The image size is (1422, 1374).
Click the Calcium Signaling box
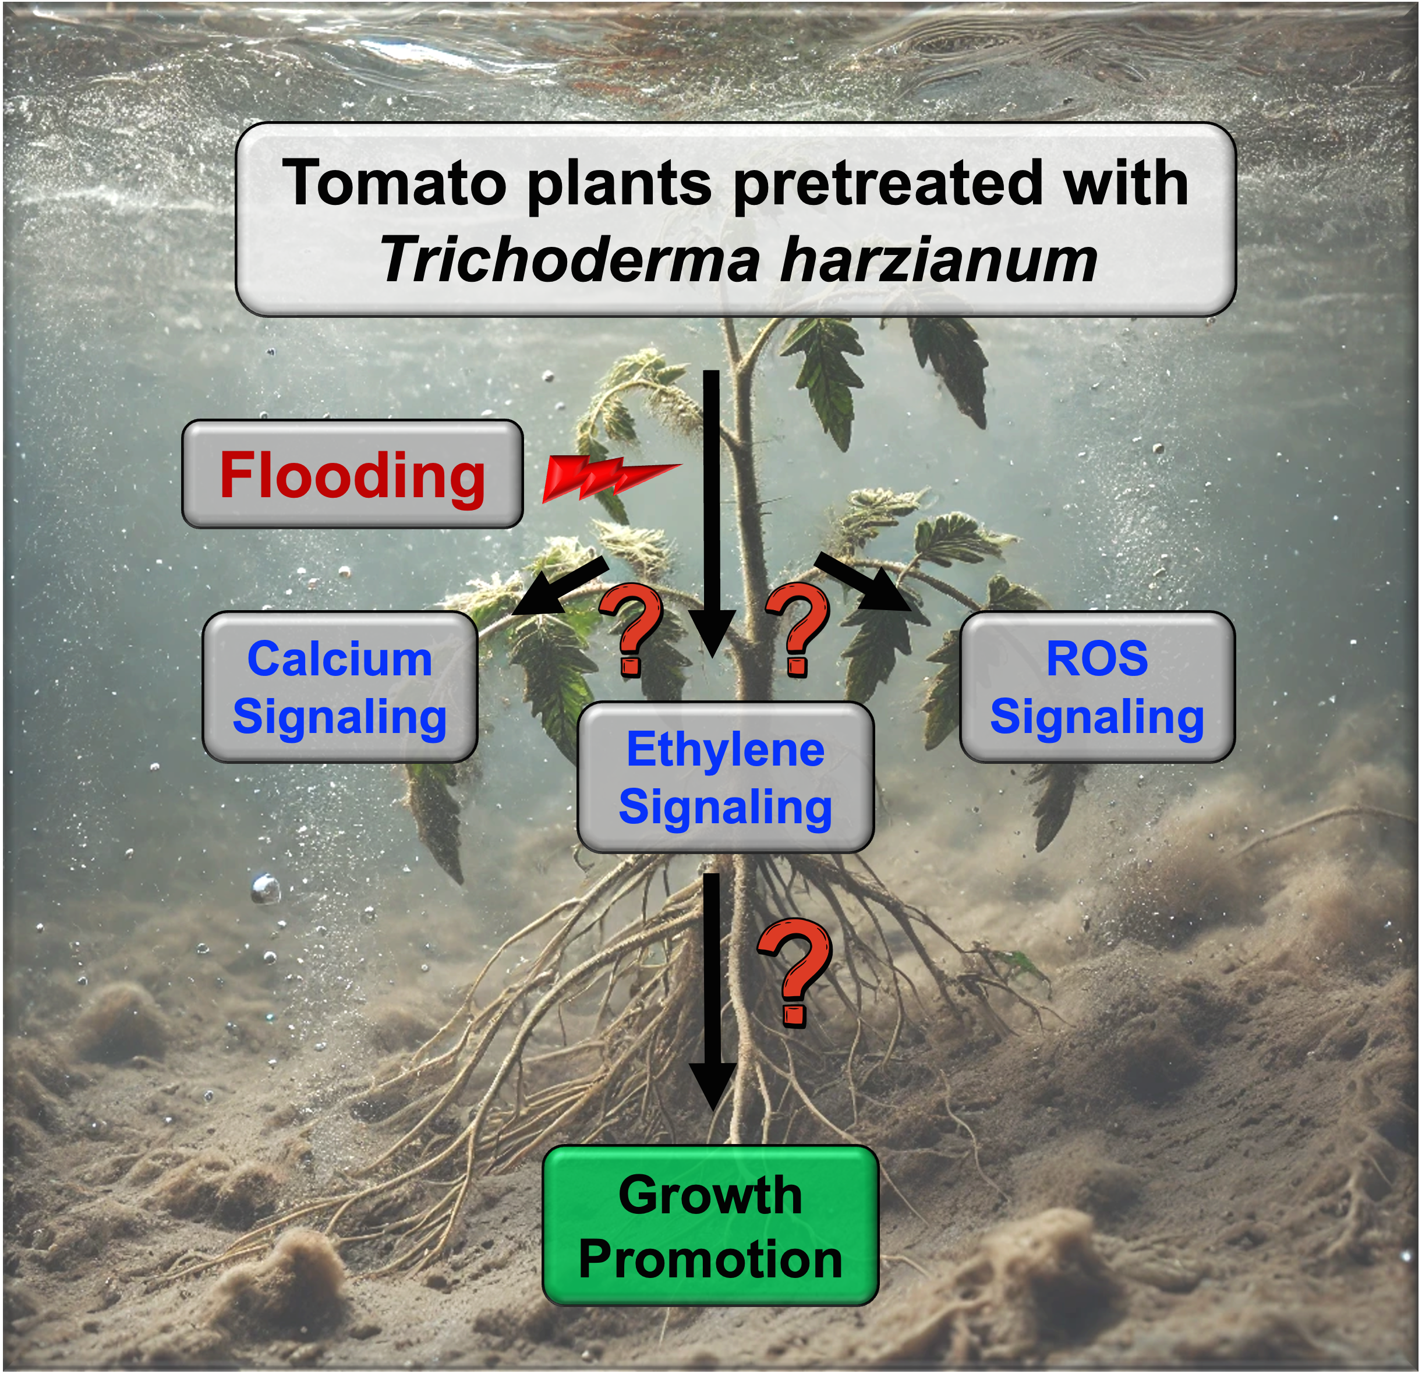point(339,687)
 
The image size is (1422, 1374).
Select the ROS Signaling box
point(1097,687)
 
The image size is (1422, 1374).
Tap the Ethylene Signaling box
point(725,777)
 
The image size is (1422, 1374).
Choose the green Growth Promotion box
point(710,1226)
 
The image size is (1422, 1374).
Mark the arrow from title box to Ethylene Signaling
point(712,508)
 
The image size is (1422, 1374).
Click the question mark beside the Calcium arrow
point(631,628)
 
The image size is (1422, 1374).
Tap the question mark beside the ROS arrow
point(798,628)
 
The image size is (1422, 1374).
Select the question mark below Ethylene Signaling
point(794,972)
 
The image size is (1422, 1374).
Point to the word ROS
point(1097,658)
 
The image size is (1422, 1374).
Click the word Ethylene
point(725,749)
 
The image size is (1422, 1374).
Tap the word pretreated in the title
point(888,183)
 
